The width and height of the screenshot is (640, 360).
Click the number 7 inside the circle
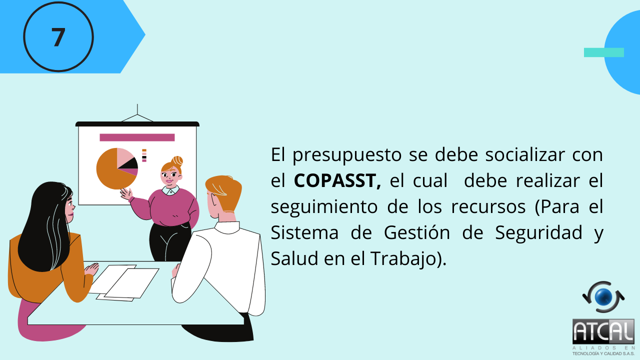58,37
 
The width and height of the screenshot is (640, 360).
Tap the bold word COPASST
337,180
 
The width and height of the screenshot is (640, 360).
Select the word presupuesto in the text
347,155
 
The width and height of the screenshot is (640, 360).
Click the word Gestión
417,232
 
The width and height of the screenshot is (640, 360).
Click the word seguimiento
324,207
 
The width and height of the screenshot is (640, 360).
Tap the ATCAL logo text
603,331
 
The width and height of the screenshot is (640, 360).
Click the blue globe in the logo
603,297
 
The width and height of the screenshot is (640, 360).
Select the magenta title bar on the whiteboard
137,137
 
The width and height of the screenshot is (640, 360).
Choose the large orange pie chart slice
110,171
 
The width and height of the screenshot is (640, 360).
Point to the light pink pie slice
124,156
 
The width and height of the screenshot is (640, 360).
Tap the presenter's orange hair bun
177,161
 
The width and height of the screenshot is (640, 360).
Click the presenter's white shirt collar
170,190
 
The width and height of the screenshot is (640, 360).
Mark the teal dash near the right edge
603,52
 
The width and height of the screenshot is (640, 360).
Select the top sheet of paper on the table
132,283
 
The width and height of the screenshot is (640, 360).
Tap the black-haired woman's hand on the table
91,269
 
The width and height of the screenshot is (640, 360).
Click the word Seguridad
538,232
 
